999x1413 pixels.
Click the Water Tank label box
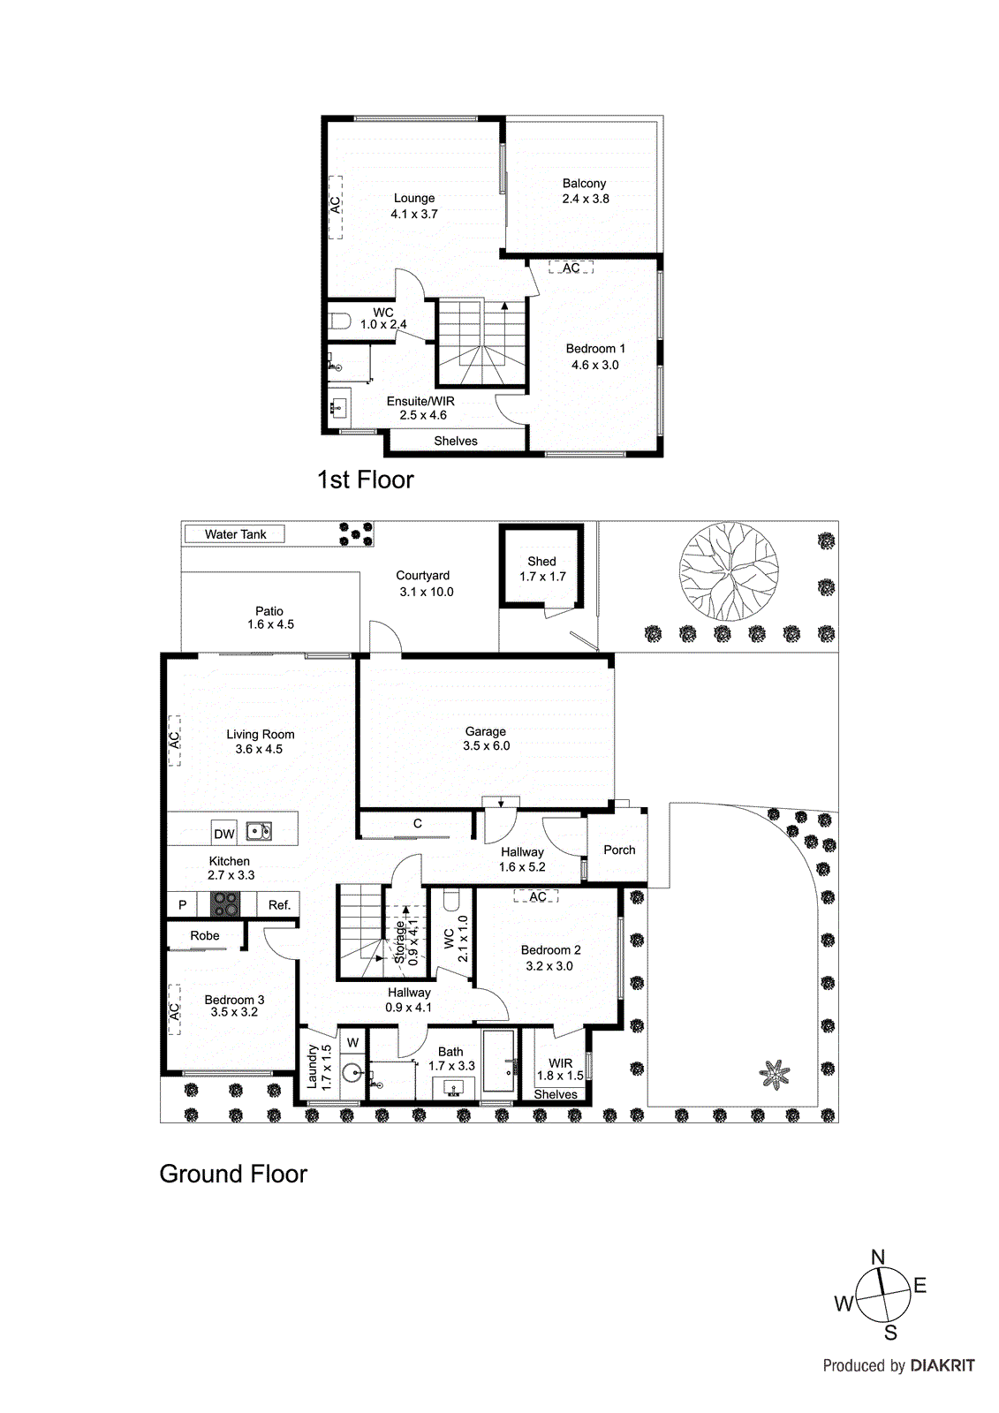(x=235, y=533)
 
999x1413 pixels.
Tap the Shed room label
(x=541, y=561)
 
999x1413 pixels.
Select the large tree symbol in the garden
(x=722, y=571)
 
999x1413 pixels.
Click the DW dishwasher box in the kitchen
(x=224, y=833)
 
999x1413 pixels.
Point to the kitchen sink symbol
(x=259, y=831)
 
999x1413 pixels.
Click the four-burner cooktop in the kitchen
(x=225, y=903)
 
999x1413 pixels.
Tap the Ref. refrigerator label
(x=279, y=904)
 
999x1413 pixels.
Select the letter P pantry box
(x=183, y=904)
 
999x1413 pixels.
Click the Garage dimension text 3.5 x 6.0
(x=486, y=745)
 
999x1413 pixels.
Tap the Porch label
(x=619, y=850)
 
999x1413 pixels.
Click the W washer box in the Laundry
(x=352, y=1042)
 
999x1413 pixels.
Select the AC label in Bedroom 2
(x=538, y=896)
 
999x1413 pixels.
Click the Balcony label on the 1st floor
(x=584, y=183)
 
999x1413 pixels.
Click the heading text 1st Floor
(x=365, y=480)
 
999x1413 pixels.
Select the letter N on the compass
(x=877, y=1257)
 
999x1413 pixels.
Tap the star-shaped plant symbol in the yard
(x=775, y=1074)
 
